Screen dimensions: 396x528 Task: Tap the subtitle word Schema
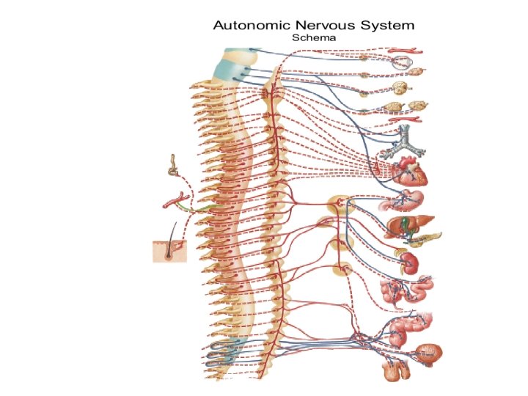pyautogui.click(x=313, y=37)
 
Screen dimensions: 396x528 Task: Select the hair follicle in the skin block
pyautogui.click(x=170, y=249)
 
